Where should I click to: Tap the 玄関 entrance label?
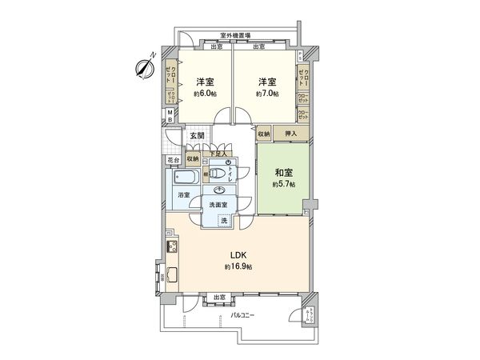coord(198,137)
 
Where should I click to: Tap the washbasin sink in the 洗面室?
coord(218,191)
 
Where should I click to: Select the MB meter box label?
coord(170,116)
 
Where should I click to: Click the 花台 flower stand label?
coord(174,160)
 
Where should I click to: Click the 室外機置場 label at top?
coord(236,35)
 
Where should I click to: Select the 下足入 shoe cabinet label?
coord(220,154)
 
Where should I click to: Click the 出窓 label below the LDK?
coord(218,298)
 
